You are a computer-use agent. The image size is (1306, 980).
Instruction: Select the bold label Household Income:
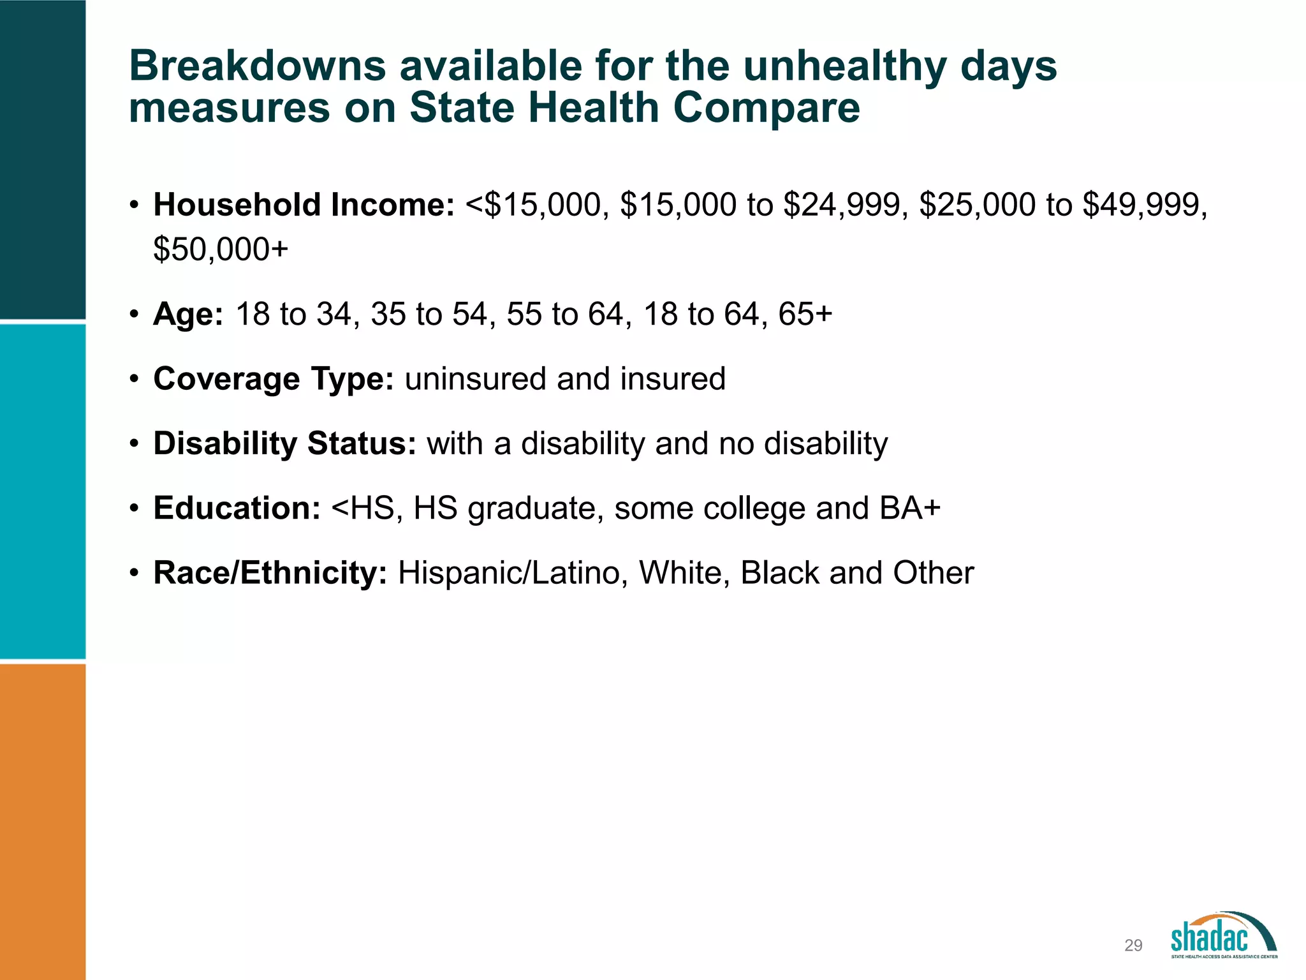[x=304, y=205]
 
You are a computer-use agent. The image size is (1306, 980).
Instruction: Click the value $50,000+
[x=221, y=249]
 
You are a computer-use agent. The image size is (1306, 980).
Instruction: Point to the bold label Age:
[x=188, y=315]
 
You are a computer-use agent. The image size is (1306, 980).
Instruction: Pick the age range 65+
[x=805, y=314]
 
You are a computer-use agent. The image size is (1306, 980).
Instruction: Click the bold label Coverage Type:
[x=274, y=379]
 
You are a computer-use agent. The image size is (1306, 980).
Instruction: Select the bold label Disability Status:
[x=284, y=443]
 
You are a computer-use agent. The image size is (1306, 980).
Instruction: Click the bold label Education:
[x=237, y=509]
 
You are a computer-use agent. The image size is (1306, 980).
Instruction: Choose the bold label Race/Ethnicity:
[x=270, y=573]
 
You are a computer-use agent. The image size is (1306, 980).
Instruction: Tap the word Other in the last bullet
[x=933, y=573]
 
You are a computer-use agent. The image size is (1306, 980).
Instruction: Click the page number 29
[x=1133, y=946]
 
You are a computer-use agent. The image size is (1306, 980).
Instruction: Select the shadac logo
[x=1223, y=935]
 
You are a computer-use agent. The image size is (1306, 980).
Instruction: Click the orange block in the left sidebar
[x=43, y=822]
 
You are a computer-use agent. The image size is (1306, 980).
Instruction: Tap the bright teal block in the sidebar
[x=43, y=491]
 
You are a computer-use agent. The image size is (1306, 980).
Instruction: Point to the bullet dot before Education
[x=134, y=509]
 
